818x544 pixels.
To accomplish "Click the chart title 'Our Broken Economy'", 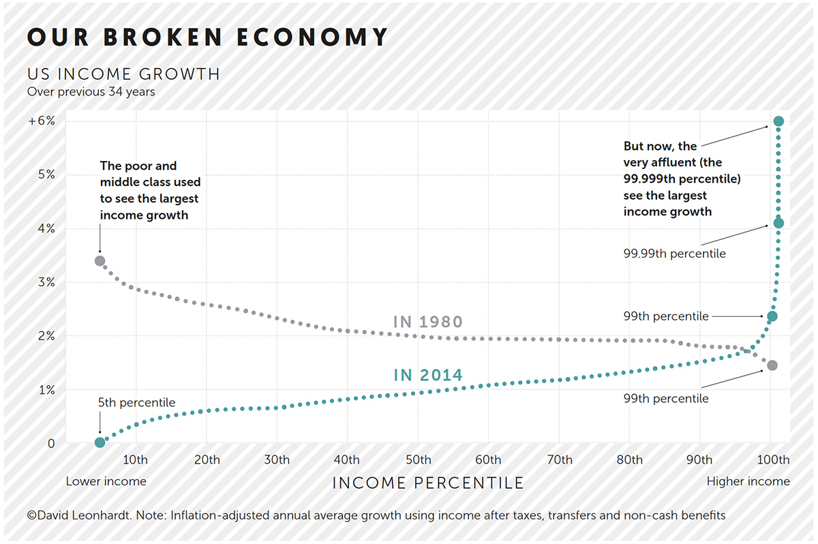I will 207,37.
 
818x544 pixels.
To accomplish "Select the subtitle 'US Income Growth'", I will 123,74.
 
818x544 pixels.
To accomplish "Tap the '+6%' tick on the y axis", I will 42,121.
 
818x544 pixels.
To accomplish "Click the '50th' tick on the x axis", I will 418,459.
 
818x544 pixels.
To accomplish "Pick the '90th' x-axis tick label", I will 699,459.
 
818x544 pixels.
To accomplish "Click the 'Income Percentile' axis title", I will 428,483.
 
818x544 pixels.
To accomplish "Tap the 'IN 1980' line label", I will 428,322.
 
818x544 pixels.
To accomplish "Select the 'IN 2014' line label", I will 428,375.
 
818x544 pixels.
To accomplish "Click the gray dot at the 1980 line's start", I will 100,260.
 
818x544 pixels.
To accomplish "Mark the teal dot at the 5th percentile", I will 100,442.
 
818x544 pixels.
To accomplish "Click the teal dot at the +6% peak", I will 778,121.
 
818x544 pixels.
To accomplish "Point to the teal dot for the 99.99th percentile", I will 778,223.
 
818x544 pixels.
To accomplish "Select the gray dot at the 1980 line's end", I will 772,365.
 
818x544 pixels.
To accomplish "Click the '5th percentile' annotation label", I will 137,403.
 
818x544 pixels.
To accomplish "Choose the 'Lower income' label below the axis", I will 106,481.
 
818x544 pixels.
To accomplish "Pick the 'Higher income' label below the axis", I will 748,481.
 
